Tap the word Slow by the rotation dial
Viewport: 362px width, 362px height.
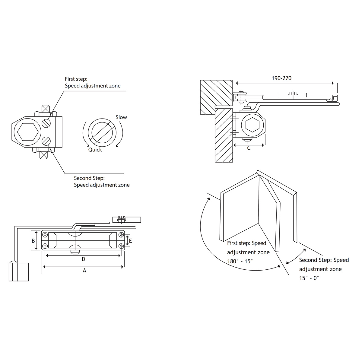(121, 117)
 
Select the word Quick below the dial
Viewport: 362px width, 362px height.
(95, 150)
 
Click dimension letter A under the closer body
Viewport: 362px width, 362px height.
(84, 271)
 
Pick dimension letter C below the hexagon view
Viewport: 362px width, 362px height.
(249, 148)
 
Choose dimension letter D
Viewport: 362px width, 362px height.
(84, 259)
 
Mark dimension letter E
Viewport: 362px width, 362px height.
(131, 240)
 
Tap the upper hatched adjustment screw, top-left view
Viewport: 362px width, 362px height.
(46, 122)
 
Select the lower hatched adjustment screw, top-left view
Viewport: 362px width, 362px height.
(46, 141)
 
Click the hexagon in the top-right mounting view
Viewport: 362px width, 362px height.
(253, 124)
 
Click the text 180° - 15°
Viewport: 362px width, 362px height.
(240, 262)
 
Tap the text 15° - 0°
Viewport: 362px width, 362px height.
(309, 278)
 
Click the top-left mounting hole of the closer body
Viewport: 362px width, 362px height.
(45, 235)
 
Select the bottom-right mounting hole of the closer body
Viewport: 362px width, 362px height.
(121, 246)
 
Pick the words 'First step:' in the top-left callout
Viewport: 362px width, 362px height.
(76, 79)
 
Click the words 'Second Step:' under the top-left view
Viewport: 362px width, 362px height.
(89, 178)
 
